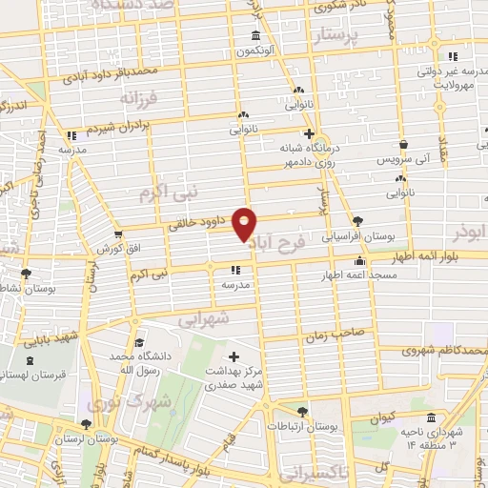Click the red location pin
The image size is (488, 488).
pyautogui.click(x=246, y=224)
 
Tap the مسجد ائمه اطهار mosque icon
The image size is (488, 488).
pyautogui.click(x=359, y=262)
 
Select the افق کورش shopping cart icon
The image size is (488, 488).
pyautogui.click(x=118, y=234)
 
